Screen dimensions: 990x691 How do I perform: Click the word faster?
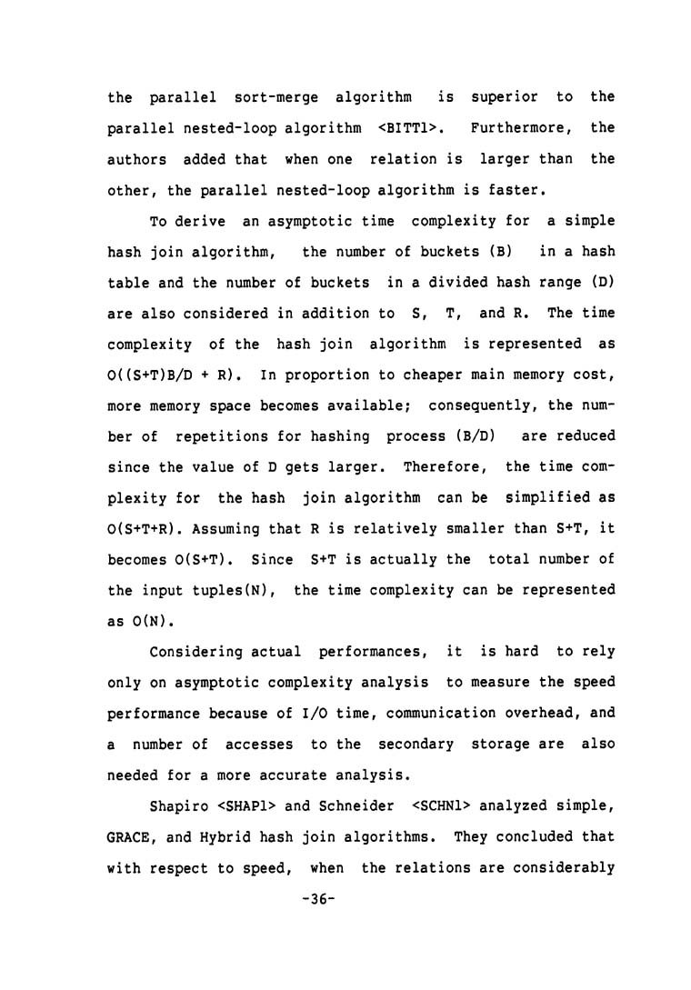coord(494,189)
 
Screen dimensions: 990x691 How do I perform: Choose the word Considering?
coord(196,653)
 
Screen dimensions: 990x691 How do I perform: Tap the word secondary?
coord(414,745)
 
